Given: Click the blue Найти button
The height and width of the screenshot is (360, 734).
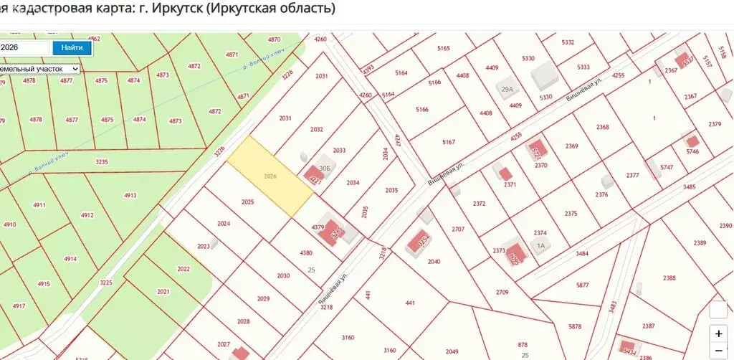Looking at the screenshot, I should pyautogui.click(x=72, y=48).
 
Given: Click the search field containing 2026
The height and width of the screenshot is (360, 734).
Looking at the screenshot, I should pyautogui.click(x=24, y=48).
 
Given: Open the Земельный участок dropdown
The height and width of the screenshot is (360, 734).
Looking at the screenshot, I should pyautogui.click(x=40, y=68).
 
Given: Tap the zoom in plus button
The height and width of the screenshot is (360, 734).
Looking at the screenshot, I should pyautogui.click(x=718, y=333).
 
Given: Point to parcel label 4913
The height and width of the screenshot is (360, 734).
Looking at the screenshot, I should pyautogui.click(x=130, y=195).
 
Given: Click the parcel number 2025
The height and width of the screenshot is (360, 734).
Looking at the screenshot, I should pyautogui.click(x=248, y=202).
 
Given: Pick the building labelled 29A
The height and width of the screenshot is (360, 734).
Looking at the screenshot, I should pyautogui.click(x=507, y=89).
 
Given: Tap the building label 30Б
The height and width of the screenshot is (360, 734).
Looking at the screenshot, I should pyautogui.click(x=325, y=167).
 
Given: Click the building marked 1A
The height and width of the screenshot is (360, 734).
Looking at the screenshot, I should pyautogui.click(x=541, y=245).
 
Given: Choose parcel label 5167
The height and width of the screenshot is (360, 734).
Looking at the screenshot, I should pyautogui.click(x=449, y=142).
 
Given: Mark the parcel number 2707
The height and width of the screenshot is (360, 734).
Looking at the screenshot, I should pyautogui.click(x=459, y=229).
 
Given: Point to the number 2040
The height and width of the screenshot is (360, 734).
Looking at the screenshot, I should pyautogui.click(x=434, y=262).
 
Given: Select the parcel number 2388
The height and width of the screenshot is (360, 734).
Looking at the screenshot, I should pyautogui.click(x=669, y=278).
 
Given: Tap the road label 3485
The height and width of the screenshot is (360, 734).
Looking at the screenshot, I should pyautogui.click(x=690, y=186).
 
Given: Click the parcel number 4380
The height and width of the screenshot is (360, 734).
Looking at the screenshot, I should pyautogui.click(x=306, y=252).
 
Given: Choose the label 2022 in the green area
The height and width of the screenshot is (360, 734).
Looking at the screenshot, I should pyautogui.click(x=183, y=269).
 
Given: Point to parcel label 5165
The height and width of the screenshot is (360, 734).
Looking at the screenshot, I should pyautogui.click(x=443, y=48).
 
